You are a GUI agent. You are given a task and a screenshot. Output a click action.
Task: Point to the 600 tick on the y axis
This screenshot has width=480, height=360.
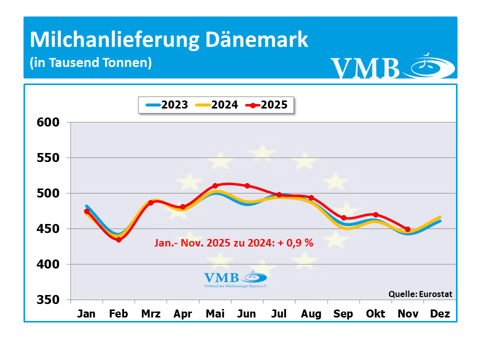tap(48, 122)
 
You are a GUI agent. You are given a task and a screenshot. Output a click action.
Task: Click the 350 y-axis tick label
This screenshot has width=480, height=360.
tap(48, 300)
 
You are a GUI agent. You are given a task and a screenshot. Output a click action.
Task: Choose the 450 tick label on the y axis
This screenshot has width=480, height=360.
tap(48, 229)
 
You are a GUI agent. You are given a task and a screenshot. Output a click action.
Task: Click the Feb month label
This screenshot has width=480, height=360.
tap(118, 314)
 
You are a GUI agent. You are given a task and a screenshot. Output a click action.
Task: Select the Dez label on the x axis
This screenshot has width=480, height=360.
tap(440, 314)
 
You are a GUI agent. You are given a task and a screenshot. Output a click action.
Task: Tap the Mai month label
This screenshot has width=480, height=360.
tap(215, 314)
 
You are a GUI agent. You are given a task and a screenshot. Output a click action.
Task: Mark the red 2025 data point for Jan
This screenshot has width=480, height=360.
tap(87, 211)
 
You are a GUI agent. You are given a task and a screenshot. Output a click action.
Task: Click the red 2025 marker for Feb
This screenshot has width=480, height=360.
tap(119, 240)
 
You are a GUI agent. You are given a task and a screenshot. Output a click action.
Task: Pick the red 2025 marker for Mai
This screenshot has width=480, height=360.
tap(215, 186)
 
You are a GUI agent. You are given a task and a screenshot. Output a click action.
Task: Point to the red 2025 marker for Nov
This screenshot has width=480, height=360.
tap(408, 229)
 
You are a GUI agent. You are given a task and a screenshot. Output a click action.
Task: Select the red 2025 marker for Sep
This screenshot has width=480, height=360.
tap(344, 218)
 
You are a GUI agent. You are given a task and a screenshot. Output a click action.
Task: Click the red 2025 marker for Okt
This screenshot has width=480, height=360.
tap(376, 214)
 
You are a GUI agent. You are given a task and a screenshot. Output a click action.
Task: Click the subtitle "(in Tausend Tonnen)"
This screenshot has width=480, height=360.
tap(90, 63)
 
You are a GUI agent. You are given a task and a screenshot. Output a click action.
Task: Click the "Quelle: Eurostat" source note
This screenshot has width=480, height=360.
tap(420, 294)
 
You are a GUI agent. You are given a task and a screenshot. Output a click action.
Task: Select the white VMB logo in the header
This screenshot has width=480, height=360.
tap(392, 67)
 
